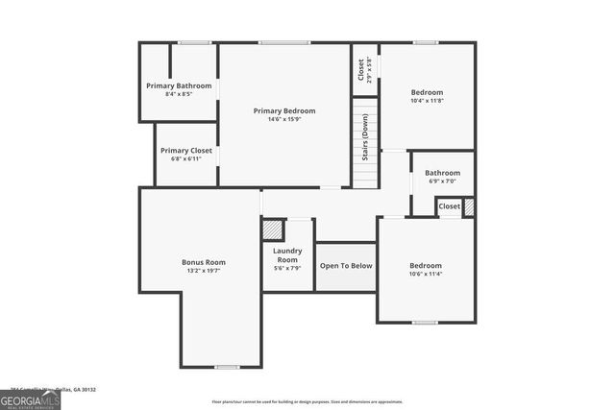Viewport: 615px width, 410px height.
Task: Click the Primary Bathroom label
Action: tap(179, 85)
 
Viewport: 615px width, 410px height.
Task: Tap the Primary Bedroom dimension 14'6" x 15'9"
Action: tap(284, 120)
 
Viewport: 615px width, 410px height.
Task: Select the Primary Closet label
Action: tap(186, 151)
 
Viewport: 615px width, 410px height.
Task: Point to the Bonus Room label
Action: tap(204, 262)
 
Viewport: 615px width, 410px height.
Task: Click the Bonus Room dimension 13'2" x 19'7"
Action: tap(204, 272)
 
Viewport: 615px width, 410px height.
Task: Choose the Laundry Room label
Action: tap(287, 255)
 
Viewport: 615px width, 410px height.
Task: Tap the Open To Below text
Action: tap(346, 265)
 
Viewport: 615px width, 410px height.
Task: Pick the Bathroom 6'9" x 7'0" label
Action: tap(443, 173)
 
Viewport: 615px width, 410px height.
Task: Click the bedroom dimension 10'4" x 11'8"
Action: tap(426, 101)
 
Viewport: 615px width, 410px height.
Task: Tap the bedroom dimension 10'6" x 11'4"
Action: tap(426, 275)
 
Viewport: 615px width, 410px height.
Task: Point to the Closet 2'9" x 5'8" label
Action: tap(365, 69)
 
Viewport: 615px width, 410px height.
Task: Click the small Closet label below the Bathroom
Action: tap(449, 206)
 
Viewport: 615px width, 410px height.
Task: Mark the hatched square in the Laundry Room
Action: tap(273, 230)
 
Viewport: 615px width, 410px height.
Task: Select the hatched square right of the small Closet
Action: tap(469, 206)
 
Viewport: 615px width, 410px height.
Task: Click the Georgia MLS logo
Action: tap(30, 399)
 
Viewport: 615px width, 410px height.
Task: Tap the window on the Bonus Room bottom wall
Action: tap(227, 367)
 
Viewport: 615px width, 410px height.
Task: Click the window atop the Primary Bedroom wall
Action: tap(277, 42)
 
